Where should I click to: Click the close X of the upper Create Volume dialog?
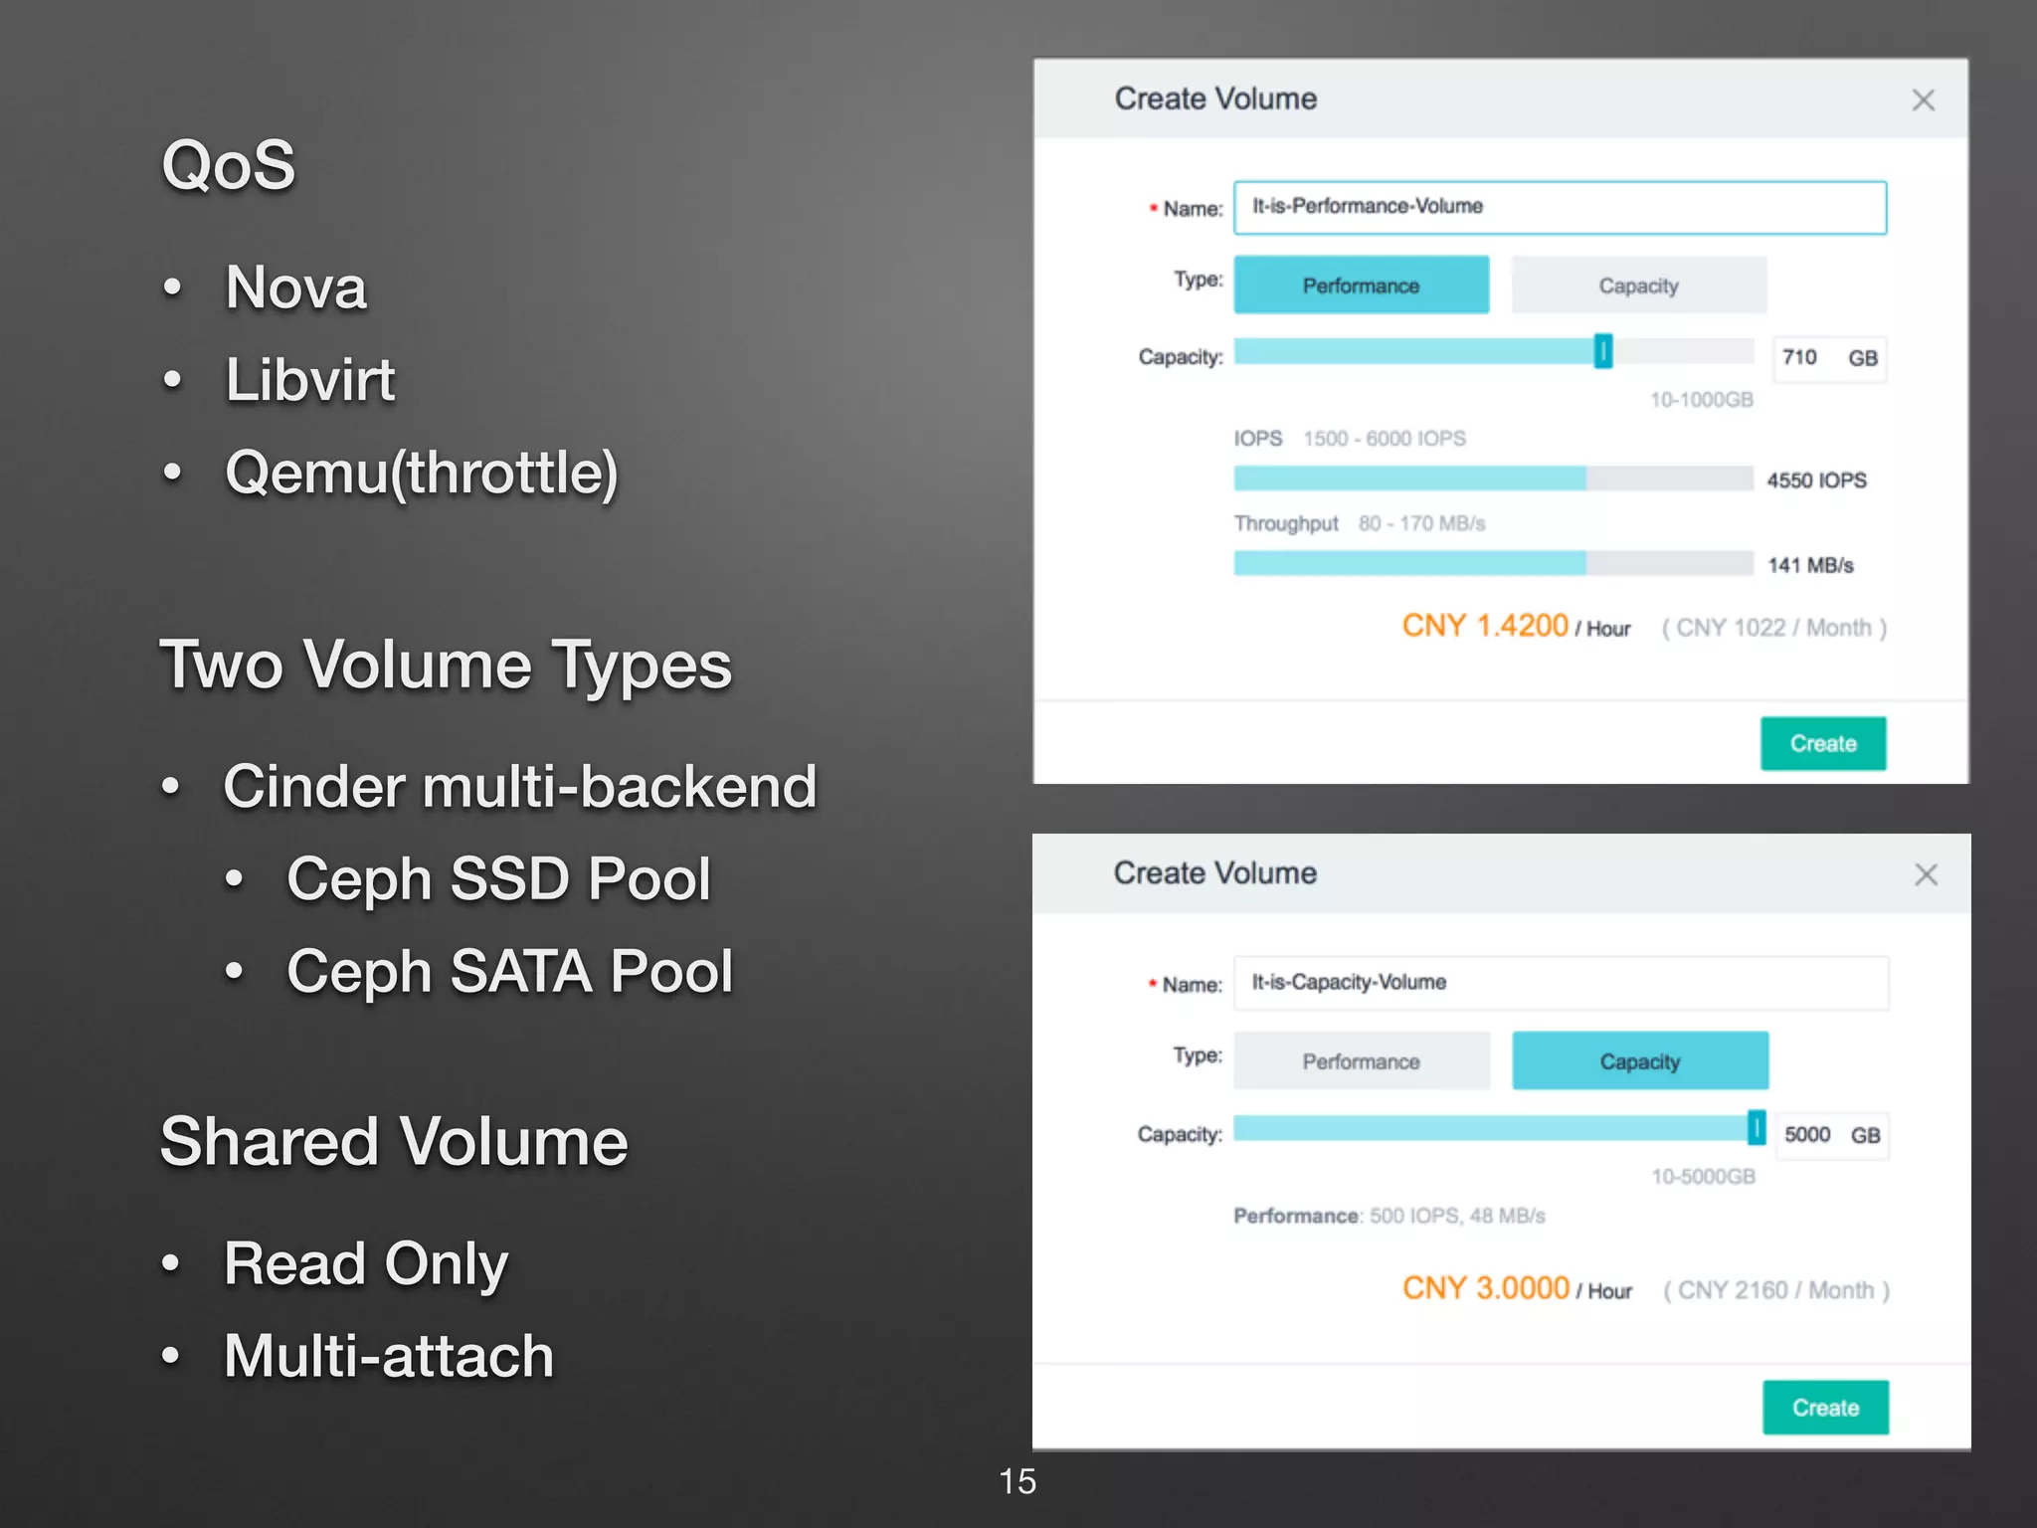click(1923, 100)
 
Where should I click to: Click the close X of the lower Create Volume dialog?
click(1926, 874)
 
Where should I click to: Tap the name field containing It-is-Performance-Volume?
click(1559, 208)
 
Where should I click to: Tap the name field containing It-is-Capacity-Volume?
click(1560, 983)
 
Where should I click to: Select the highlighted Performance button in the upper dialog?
click(1361, 286)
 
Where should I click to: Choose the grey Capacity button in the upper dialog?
click(1638, 286)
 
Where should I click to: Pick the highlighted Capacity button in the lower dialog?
click(1639, 1061)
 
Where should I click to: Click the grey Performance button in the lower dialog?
click(1361, 1061)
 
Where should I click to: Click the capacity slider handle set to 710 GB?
click(1602, 351)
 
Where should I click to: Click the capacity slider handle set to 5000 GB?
click(1757, 1128)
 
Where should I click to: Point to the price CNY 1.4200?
click(1484, 626)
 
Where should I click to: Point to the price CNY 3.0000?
click(1485, 1288)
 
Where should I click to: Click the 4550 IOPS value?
click(1816, 480)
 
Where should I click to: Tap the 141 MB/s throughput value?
click(1810, 565)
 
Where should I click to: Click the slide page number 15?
click(1017, 1481)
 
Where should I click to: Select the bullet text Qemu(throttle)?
click(422, 472)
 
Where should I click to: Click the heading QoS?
click(228, 165)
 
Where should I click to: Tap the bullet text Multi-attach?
click(388, 1356)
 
